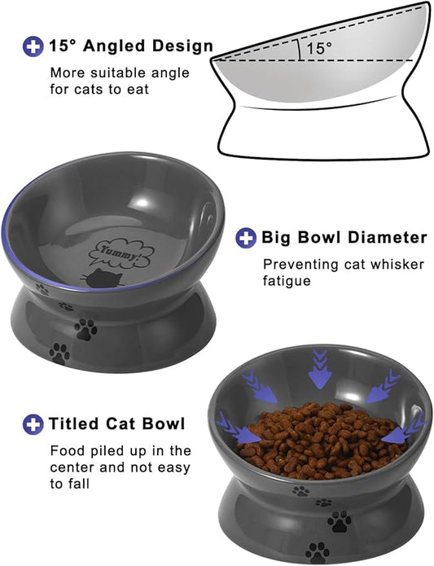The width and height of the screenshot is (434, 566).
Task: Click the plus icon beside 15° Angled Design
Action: [33, 46]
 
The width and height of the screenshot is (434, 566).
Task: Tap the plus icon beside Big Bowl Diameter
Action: [247, 238]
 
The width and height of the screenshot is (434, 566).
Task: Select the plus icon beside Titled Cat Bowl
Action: [33, 423]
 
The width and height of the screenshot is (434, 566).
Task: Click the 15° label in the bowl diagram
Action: [319, 49]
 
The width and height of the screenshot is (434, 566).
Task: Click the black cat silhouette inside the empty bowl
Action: [105, 281]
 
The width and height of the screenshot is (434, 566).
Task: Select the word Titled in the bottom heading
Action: [76, 423]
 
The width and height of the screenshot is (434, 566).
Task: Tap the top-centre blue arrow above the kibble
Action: [320, 368]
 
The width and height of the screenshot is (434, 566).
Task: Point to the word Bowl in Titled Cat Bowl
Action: [165, 423]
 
